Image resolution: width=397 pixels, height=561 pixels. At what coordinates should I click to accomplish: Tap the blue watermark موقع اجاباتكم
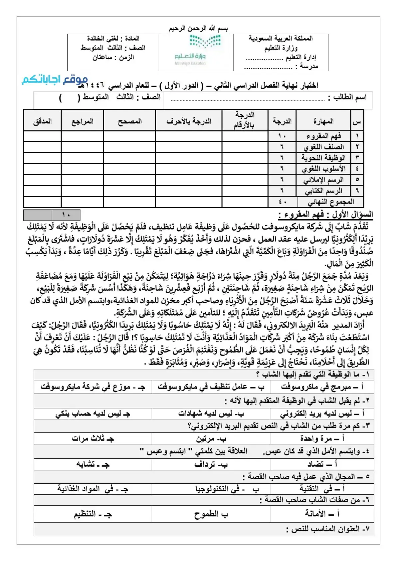(x=55, y=80)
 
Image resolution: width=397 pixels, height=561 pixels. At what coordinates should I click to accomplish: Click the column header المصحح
(x=130, y=121)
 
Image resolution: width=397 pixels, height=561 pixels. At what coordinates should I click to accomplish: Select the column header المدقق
(x=42, y=121)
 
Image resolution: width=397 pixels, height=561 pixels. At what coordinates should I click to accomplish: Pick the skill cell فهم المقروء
(x=323, y=136)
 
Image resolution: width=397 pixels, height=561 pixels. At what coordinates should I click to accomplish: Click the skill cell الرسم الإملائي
(x=323, y=180)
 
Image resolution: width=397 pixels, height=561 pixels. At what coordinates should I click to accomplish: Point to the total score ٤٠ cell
(x=282, y=202)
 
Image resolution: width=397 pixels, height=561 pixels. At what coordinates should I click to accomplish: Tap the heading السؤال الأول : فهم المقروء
(x=325, y=214)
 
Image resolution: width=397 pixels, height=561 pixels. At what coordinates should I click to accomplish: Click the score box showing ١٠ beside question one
(x=66, y=215)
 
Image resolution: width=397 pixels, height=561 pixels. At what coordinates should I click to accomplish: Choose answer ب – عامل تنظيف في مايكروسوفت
(x=211, y=387)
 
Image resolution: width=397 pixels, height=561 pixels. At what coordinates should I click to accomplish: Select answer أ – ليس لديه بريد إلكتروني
(x=322, y=413)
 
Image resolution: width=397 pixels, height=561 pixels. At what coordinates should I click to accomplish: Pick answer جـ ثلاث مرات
(x=93, y=438)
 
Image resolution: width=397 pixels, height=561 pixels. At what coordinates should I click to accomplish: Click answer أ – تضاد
(x=322, y=464)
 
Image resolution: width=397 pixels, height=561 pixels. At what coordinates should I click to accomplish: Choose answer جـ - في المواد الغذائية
(x=93, y=489)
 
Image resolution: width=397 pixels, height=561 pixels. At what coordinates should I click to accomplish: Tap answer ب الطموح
(x=211, y=514)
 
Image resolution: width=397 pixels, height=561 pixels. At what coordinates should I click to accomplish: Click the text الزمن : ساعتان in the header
(x=113, y=57)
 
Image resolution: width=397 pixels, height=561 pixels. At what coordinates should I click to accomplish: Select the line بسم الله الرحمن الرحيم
(x=198, y=29)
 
